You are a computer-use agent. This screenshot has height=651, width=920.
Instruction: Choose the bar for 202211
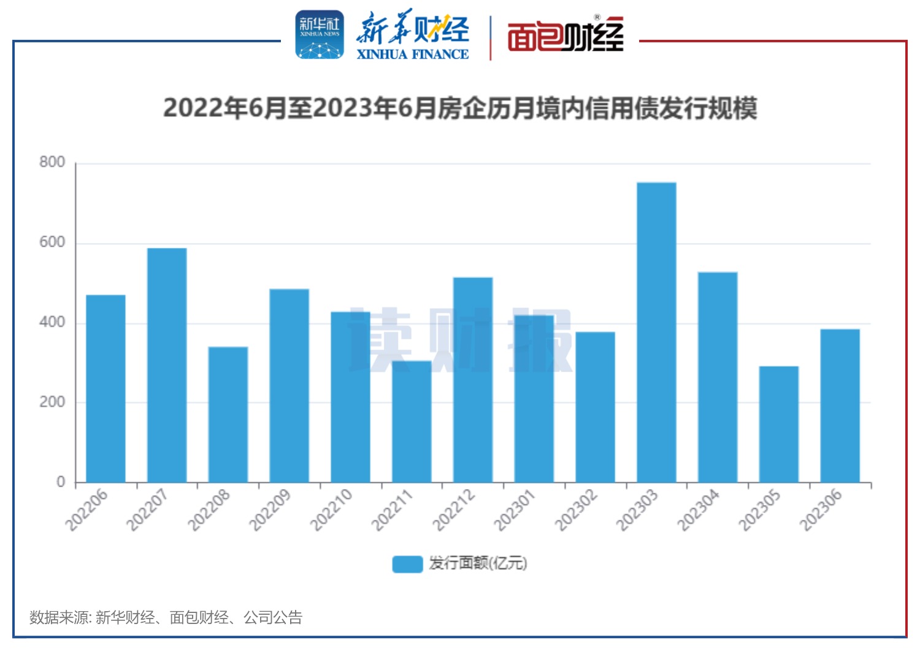click(x=412, y=422)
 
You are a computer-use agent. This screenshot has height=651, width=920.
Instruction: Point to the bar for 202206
click(x=105, y=388)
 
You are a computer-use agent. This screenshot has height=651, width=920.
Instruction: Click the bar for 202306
click(x=840, y=406)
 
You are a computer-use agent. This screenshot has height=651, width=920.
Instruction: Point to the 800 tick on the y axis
click(x=52, y=163)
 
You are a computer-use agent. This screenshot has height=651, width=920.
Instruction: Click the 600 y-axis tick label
click(x=52, y=242)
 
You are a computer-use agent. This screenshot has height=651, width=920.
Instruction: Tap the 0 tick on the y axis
click(x=61, y=482)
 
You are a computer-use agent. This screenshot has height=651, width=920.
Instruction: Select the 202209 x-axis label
click(x=269, y=510)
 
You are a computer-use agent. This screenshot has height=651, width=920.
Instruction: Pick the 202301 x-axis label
click(x=514, y=510)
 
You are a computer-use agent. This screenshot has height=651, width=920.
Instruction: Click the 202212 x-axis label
click(x=453, y=510)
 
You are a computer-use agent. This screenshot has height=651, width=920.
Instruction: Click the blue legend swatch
click(x=407, y=564)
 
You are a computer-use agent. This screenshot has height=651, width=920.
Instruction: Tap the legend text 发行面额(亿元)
click(x=478, y=563)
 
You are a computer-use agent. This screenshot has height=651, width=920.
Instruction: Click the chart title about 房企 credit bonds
click(x=460, y=109)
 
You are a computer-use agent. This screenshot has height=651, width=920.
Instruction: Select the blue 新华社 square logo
click(x=320, y=34)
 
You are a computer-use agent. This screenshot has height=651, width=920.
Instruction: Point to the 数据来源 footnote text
click(x=166, y=617)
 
